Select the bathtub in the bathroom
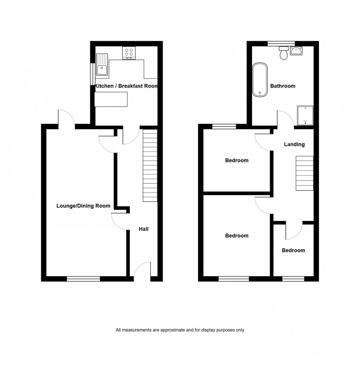pyautogui.click(x=260, y=80)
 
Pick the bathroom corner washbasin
pyautogui.click(x=296, y=51)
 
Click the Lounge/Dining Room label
pyautogui.click(x=83, y=206)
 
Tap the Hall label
pyautogui.click(x=143, y=229)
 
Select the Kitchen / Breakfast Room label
pyautogui.click(x=126, y=86)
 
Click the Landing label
pyautogui.click(x=294, y=144)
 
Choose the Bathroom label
pyautogui.click(x=282, y=86)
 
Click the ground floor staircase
pyautogui.click(x=150, y=165)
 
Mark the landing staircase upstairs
pyautogui.click(x=304, y=173)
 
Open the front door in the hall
pyautogui.click(x=142, y=270)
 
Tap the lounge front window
pyautogui.click(x=83, y=279)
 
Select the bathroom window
pyautogui.click(x=281, y=43)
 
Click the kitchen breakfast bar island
pyautogui.click(x=111, y=99)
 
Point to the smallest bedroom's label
pyautogui.click(x=293, y=250)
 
